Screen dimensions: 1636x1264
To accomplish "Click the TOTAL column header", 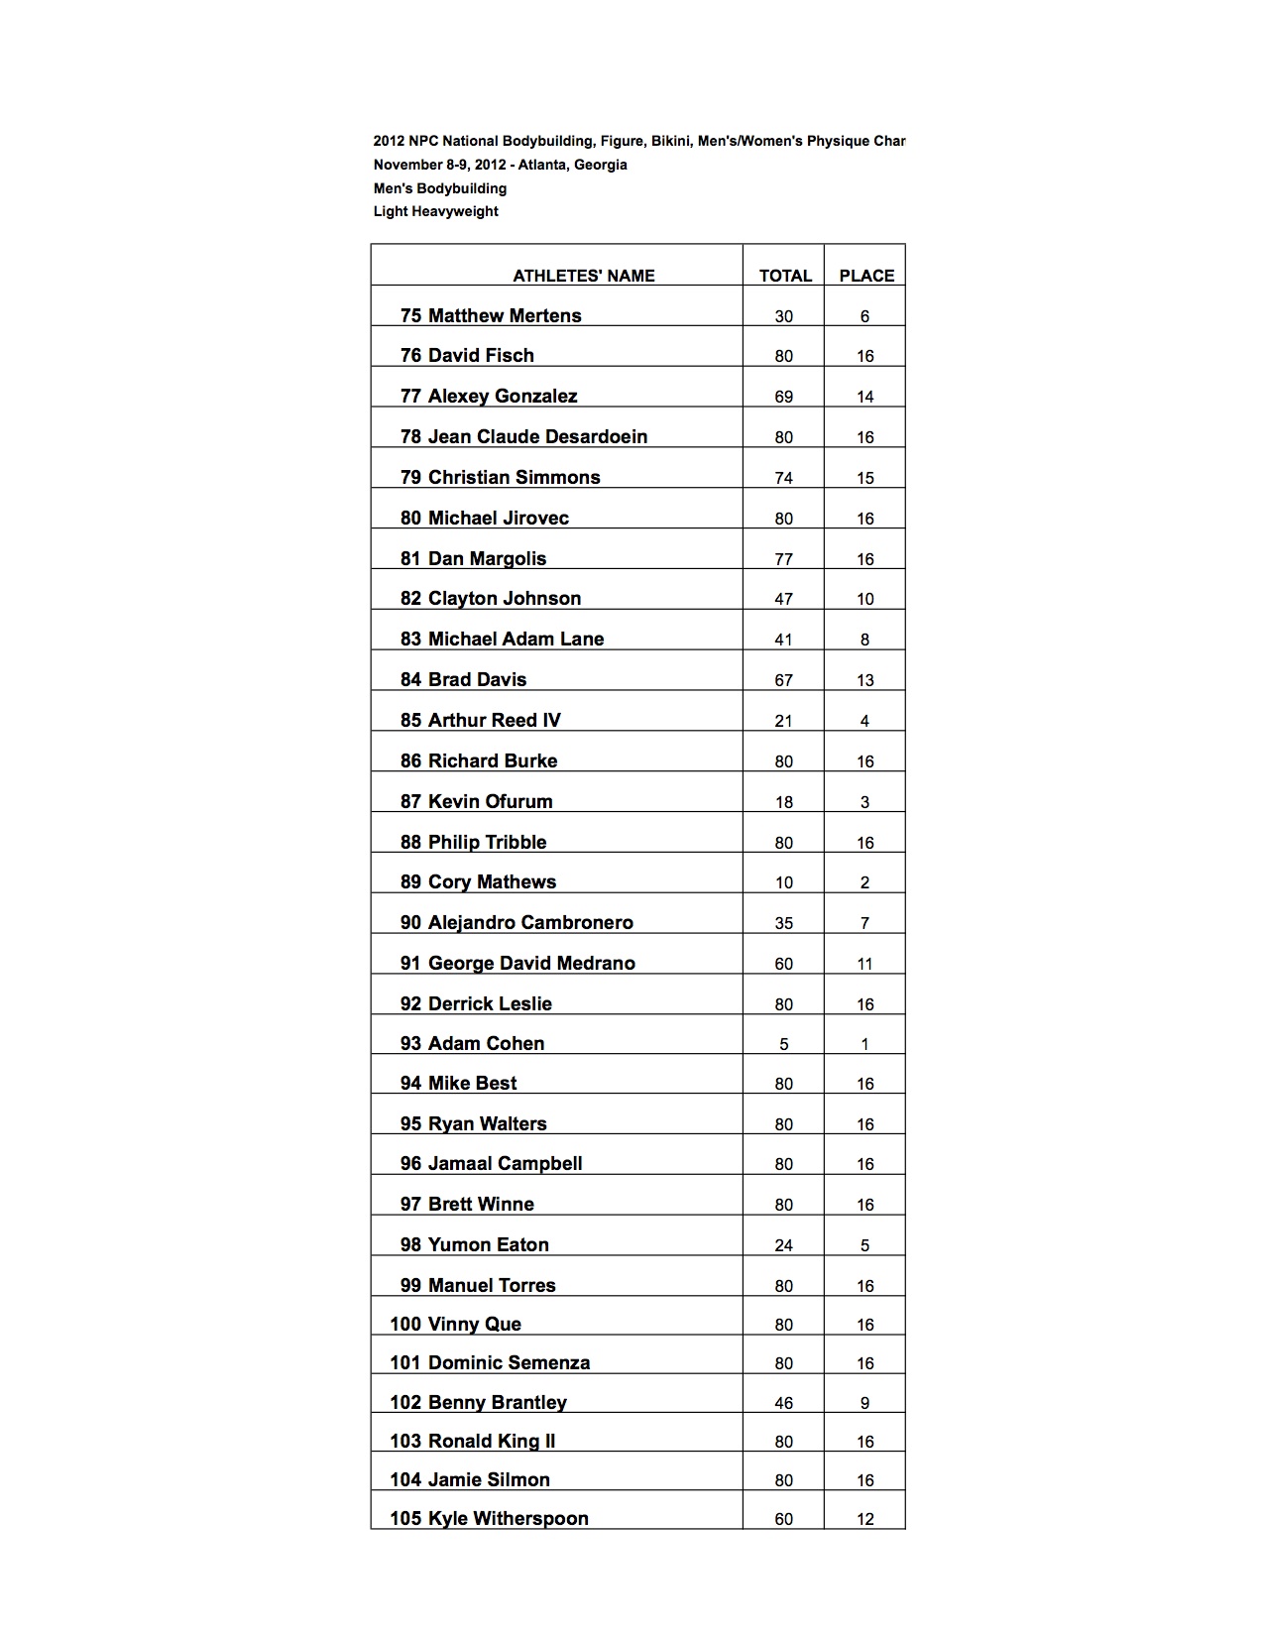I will click(785, 276).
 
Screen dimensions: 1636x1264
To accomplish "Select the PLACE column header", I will click(866, 276).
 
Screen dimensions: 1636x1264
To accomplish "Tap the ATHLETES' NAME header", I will click(583, 276).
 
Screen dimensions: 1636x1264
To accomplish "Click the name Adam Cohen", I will click(486, 1043).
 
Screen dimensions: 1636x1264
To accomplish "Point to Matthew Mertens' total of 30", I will click(783, 316).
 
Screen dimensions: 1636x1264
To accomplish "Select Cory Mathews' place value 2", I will click(864, 882).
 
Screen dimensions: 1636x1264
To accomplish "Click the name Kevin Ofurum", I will click(490, 801).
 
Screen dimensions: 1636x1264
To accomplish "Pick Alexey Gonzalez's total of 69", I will click(783, 397).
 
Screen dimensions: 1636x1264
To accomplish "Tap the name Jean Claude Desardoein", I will click(537, 436).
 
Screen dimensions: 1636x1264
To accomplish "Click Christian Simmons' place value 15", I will click(864, 478).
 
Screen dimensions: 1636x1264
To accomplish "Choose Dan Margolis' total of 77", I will click(783, 559).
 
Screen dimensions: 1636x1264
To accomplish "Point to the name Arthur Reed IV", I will click(494, 720).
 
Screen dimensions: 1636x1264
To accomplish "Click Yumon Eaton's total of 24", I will click(783, 1245).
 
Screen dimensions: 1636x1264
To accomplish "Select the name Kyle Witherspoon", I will click(508, 1518).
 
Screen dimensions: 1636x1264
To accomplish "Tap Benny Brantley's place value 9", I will click(864, 1403).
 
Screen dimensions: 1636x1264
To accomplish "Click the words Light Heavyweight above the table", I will click(435, 211).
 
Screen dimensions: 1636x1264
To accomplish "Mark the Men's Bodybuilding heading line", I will click(439, 188).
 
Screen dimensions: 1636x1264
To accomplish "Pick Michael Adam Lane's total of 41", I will click(783, 640).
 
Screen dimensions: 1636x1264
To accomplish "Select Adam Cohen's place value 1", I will click(864, 1044).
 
